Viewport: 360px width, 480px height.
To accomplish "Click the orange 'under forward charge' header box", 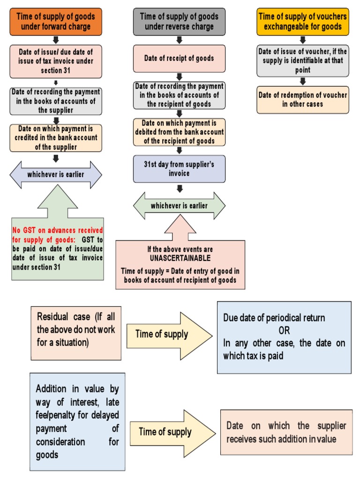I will click(x=55, y=22).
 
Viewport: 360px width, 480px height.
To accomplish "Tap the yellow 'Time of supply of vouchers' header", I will click(x=302, y=22).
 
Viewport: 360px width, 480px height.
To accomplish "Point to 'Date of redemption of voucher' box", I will click(x=302, y=99).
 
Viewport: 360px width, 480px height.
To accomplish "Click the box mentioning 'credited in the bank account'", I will click(x=55, y=138).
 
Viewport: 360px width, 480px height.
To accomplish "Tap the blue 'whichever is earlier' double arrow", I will click(x=55, y=175).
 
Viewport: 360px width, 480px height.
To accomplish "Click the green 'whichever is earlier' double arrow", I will click(x=179, y=206).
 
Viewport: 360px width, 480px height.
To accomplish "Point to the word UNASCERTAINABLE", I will click(x=180, y=258).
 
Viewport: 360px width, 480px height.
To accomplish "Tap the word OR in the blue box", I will click(x=284, y=330).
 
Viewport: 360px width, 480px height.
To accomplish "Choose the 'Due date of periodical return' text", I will click(x=274, y=318).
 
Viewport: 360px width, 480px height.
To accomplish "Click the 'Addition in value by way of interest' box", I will click(x=77, y=421).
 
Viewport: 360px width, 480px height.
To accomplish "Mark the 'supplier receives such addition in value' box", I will click(x=286, y=432).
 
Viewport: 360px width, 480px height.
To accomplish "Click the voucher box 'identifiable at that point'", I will click(x=302, y=60).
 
